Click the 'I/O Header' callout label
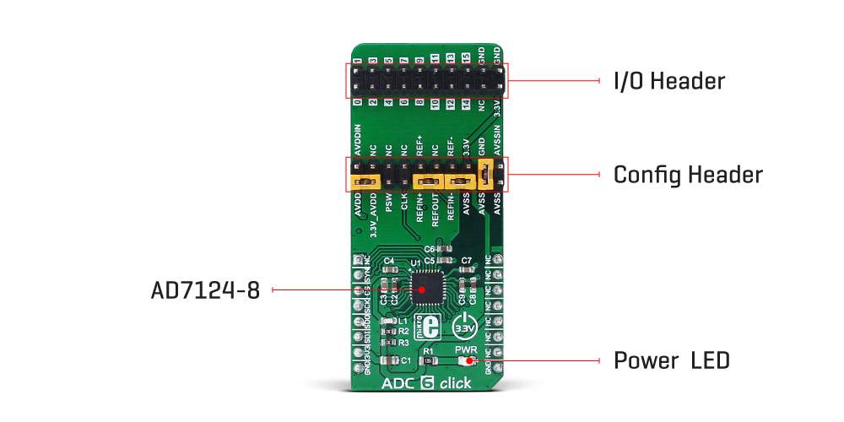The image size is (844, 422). (x=669, y=81)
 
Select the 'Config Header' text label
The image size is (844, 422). (x=688, y=175)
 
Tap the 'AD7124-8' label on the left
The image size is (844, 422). (x=206, y=290)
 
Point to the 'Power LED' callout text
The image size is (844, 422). (x=671, y=361)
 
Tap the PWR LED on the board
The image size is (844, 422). (x=468, y=361)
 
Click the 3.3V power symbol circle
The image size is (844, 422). (x=466, y=325)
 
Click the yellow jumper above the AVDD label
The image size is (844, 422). (x=365, y=181)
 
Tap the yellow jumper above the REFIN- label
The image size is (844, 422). (x=461, y=181)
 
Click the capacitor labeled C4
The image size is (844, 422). (x=389, y=271)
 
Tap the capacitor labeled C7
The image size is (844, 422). (x=465, y=271)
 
